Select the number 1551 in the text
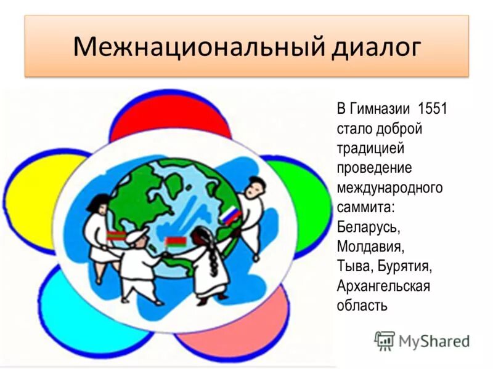432,111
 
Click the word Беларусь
369,226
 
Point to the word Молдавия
370,246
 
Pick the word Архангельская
383,285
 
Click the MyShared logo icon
385,340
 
